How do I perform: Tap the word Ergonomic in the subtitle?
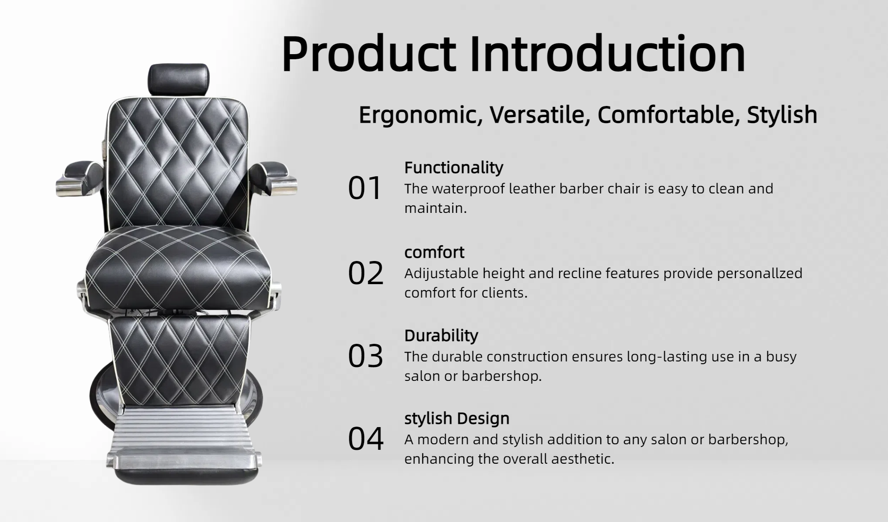420,115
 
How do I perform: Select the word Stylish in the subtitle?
782,115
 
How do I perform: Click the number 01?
364,188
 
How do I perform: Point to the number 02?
365,273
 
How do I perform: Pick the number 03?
365,356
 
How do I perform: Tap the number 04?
365,439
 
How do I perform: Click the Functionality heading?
454,168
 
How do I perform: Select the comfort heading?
434,252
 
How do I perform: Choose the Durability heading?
441,336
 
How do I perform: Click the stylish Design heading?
457,418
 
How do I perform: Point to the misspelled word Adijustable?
441,273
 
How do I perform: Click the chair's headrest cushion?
179,80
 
